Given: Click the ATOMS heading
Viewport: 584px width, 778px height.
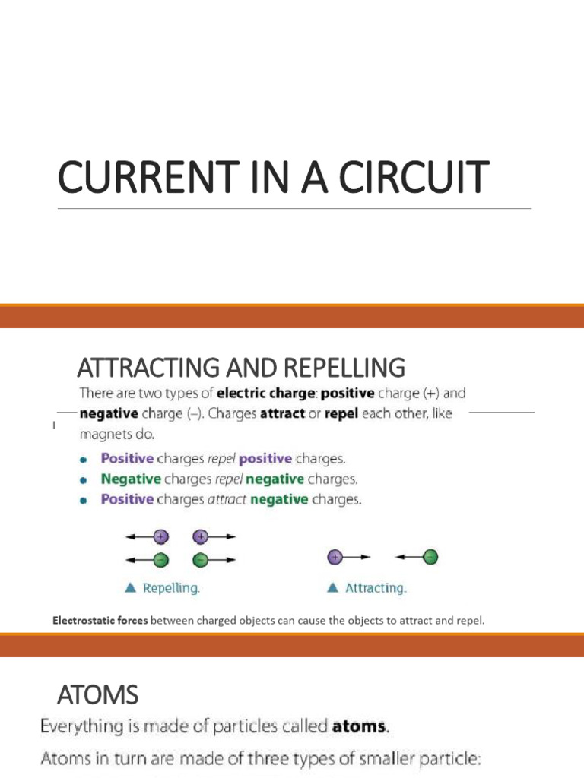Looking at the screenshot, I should [x=98, y=694].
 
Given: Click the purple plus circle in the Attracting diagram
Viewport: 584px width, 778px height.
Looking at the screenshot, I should [x=335, y=558].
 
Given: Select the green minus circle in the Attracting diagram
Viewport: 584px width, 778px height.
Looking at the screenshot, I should [x=430, y=558].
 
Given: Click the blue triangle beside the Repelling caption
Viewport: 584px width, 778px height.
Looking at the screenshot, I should [x=129, y=587].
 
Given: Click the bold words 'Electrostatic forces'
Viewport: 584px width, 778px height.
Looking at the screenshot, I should [x=100, y=620].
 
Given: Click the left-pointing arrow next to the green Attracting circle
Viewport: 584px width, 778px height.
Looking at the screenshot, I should [x=407, y=558].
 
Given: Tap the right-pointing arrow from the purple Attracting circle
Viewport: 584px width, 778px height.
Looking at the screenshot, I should [x=358, y=558].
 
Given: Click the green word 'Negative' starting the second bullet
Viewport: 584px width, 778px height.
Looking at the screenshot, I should [x=131, y=479].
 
